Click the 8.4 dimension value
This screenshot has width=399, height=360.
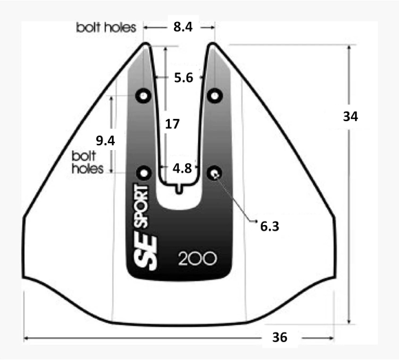(183, 27)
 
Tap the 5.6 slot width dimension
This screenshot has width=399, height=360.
(184, 78)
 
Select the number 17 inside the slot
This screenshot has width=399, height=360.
(172, 124)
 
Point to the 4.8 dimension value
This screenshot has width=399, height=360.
(182, 168)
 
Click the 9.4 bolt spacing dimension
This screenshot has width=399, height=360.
(105, 140)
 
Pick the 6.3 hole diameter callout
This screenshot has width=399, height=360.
(270, 226)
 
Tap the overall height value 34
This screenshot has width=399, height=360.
(350, 116)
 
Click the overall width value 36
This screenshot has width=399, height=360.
(280, 337)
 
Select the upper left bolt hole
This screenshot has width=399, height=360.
(144, 96)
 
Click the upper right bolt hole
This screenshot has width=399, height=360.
(215, 96)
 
